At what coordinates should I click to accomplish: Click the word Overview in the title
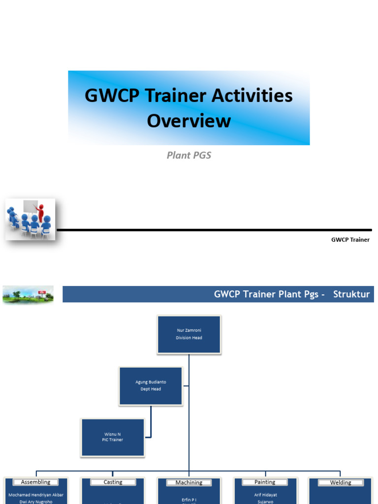(189, 121)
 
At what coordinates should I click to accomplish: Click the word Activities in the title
(252, 95)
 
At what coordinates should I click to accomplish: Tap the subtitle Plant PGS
(189, 156)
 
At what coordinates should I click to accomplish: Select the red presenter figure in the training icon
(40, 213)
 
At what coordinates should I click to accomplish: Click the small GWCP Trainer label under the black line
(350, 240)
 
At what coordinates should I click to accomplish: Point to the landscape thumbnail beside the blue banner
(28, 294)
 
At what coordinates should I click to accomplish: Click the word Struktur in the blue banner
(351, 294)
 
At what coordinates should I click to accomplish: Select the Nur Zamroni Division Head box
(189, 334)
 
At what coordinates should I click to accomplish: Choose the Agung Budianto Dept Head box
(151, 385)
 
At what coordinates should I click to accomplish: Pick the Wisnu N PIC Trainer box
(112, 437)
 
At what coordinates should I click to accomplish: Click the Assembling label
(35, 482)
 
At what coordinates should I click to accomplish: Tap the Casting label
(113, 482)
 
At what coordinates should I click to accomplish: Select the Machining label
(189, 483)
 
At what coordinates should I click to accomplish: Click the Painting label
(265, 482)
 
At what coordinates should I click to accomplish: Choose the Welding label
(341, 483)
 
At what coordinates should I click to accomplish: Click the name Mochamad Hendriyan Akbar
(35, 495)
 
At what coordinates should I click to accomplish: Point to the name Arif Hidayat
(265, 495)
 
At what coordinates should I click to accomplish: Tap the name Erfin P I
(189, 499)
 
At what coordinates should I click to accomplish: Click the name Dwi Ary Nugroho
(35, 502)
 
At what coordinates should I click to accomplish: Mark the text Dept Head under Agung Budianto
(151, 389)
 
